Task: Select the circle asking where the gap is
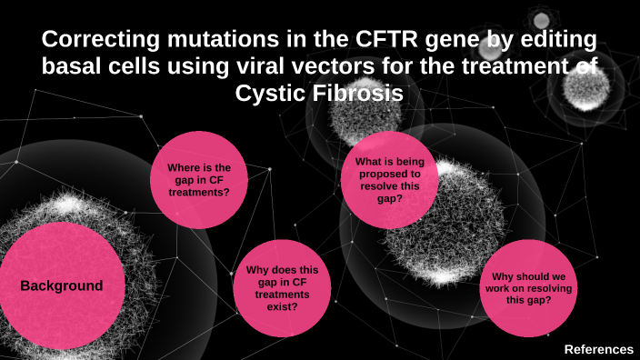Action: [x=198, y=180]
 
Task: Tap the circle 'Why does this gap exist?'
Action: [x=283, y=287]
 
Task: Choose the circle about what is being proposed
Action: [x=389, y=180]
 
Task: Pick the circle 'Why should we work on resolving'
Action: [x=527, y=287]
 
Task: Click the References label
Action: [x=598, y=349]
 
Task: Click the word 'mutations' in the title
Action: [x=208, y=41]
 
